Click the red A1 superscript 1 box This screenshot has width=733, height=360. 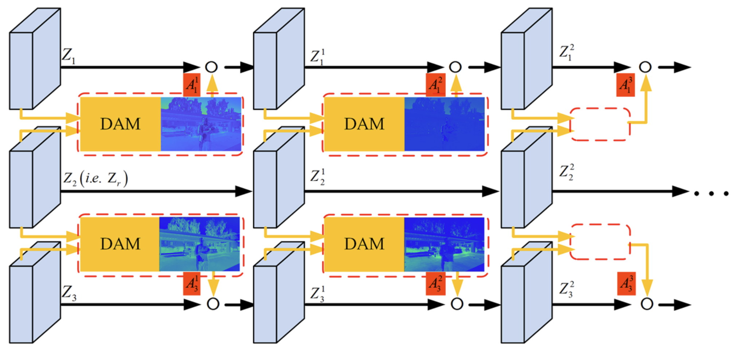192,85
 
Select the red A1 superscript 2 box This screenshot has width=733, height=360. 435,85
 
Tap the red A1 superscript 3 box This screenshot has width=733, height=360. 625,85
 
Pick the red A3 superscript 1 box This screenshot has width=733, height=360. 192,283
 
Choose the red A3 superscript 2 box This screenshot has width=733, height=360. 435,284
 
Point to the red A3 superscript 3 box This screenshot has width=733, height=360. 627,283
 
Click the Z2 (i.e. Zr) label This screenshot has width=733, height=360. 95,179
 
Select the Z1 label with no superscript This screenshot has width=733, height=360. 68,55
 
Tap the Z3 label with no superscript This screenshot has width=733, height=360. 69,293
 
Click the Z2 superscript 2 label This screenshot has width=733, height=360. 567,172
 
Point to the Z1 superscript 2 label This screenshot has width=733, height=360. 567,52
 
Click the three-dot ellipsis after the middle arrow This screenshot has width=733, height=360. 711,194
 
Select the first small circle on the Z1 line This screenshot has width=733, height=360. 211,67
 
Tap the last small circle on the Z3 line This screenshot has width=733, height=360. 647,304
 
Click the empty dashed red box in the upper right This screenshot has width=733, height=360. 600,124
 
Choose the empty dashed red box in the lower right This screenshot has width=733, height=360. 600,242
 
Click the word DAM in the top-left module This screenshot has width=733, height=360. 120,124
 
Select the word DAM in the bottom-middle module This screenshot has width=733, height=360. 364,244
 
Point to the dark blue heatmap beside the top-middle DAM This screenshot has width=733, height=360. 444,124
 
